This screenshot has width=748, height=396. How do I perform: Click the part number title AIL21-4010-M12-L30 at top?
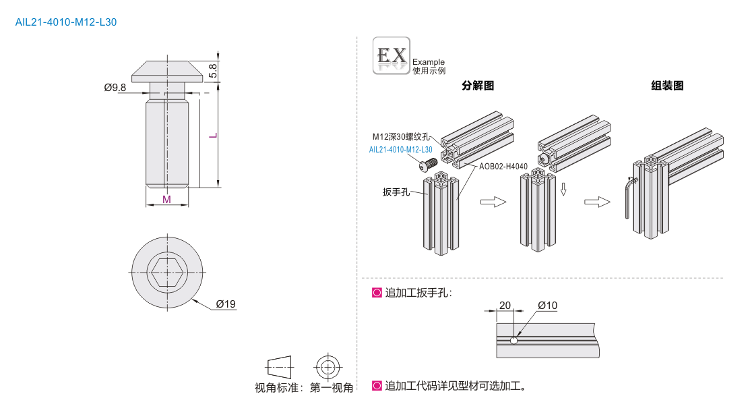tap(65, 22)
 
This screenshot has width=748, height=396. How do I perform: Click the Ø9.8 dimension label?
tap(115, 88)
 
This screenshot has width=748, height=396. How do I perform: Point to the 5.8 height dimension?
tap(213, 69)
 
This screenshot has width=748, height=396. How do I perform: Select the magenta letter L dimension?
tap(213, 136)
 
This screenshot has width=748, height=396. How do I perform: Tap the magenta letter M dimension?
tap(166, 199)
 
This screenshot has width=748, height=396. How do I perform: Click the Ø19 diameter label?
tap(226, 305)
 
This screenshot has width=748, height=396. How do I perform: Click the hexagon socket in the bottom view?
tap(166, 273)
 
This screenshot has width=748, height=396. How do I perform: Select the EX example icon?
tap(391, 55)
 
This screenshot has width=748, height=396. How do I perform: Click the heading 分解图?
tap(478, 86)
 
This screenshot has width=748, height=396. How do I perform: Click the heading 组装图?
tap(667, 86)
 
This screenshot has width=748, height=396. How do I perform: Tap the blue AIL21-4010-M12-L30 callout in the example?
tap(400, 150)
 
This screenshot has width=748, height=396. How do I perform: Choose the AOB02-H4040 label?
tap(503, 166)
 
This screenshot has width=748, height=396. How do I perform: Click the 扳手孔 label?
tap(396, 192)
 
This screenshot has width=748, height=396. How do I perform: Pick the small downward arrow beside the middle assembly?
tap(563, 189)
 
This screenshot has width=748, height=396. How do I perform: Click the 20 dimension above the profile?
tap(505, 305)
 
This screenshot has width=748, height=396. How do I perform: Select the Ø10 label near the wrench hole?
tap(547, 305)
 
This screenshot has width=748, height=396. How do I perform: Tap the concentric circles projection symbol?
tap(328, 367)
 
